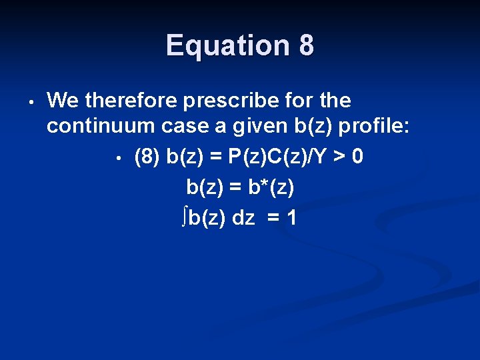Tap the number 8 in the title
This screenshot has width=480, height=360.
coord(307,45)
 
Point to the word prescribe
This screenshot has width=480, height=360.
coord(231,101)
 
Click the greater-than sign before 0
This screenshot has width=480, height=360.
coord(340,158)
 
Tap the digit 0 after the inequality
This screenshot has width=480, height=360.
coord(357,157)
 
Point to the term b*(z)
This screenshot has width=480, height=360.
coord(271,187)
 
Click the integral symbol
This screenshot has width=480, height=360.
coord(184,217)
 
